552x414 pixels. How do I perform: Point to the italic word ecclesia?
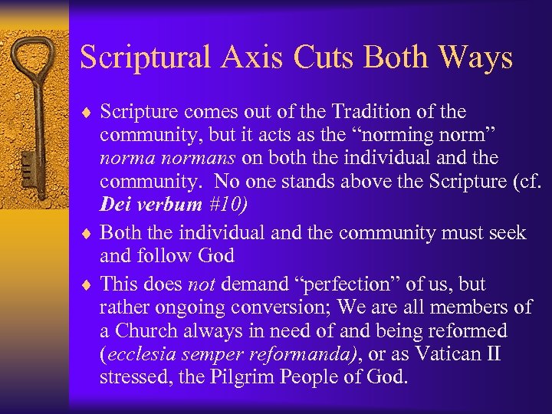(x=138, y=355)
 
